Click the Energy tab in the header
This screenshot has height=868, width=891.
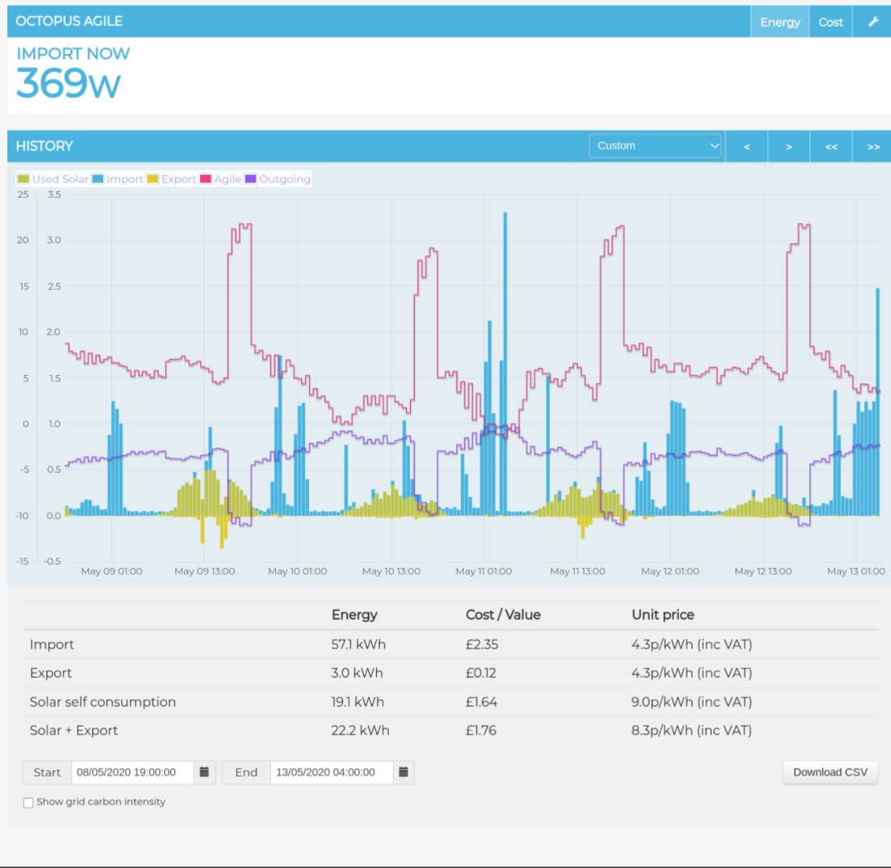pyautogui.click(x=780, y=22)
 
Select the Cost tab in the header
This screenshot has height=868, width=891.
pyautogui.click(x=830, y=22)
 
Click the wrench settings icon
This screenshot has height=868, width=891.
pyautogui.click(x=873, y=22)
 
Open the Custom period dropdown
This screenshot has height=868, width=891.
pyautogui.click(x=655, y=146)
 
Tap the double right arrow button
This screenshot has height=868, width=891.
pyautogui.click(x=872, y=147)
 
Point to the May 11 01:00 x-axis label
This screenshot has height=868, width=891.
pyautogui.click(x=483, y=571)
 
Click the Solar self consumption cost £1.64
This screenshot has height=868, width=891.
pyautogui.click(x=482, y=702)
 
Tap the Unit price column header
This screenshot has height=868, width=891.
pyautogui.click(x=663, y=615)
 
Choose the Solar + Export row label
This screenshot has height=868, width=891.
pyautogui.click(x=73, y=731)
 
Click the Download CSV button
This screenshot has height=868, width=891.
pyautogui.click(x=830, y=772)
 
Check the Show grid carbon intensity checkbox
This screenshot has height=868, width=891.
pyautogui.click(x=29, y=803)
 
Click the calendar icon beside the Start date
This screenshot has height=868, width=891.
pyautogui.click(x=205, y=772)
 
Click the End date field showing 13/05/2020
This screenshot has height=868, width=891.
pyautogui.click(x=331, y=772)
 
